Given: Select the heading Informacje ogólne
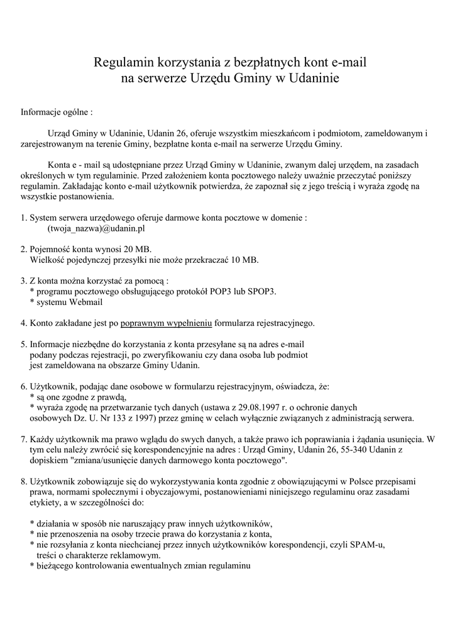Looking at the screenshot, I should [57, 113].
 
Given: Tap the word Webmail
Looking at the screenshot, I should [86, 303].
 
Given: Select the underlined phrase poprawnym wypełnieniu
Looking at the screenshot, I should [167, 323].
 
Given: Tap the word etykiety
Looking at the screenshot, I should [45, 503].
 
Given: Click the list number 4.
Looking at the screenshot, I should [23, 323].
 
